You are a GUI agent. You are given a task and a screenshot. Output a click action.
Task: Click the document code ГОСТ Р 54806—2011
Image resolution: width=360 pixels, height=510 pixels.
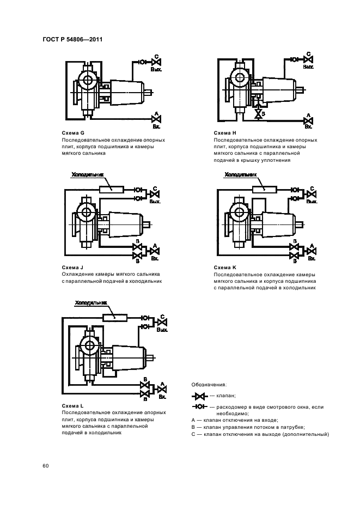(x=72, y=39)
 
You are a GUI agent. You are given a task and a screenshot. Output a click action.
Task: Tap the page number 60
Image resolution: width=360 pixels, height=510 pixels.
(x=46, y=466)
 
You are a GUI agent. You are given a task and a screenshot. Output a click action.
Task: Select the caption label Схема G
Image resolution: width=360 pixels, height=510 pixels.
(x=74, y=133)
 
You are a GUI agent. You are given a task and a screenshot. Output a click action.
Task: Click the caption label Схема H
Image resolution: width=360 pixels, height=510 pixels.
(x=225, y=133)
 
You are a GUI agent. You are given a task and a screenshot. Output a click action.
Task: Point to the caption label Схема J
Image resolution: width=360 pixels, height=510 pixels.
(x=73, y=268)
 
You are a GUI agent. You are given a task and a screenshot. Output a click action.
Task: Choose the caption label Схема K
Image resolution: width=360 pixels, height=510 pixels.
(x=225, y=268)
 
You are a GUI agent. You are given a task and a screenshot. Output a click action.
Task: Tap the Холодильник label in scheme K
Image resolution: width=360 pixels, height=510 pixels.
(x=240, y=175)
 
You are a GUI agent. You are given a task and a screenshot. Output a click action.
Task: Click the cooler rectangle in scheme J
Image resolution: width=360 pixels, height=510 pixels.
(x=112, y=189)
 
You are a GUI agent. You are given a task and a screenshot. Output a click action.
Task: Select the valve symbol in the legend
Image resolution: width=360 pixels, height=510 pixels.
(x=200, y=396)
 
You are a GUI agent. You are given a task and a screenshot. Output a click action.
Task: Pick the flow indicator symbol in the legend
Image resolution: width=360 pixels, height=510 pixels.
(x=200, y=407)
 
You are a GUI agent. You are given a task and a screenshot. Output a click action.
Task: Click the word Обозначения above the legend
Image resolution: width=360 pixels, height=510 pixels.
(x=210, y=385)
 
